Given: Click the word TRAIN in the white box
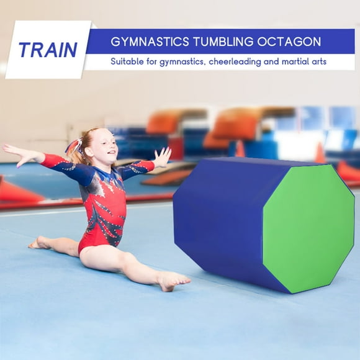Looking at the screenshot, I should (48, 50).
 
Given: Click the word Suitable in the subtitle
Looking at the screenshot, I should (128, 61).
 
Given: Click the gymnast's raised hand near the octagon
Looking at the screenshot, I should (162, 157).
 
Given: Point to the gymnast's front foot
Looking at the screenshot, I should (170, 281).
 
